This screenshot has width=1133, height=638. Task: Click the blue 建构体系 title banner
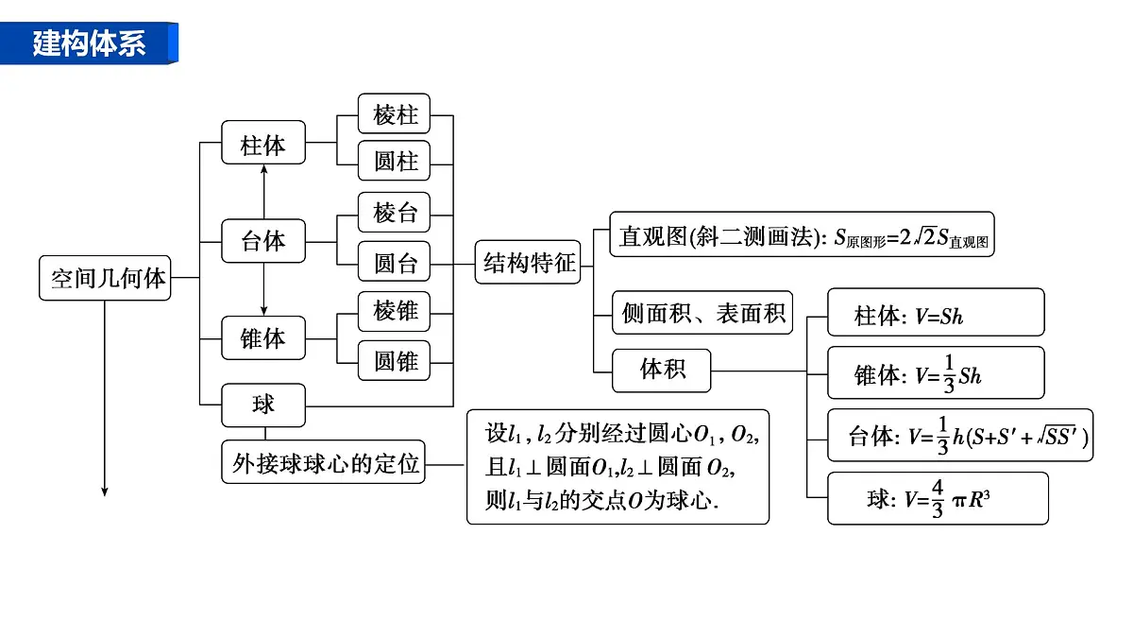point(89,43)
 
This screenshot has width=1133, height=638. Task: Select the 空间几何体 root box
point(105,278)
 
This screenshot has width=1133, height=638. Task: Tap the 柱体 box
point(263,143)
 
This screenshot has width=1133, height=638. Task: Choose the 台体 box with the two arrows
point(263,241)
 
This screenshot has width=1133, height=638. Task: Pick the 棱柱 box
point(394,113)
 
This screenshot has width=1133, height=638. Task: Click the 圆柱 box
point(394,161)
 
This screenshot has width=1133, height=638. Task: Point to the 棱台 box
point(394,212)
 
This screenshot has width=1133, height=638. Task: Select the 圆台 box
point(394,261)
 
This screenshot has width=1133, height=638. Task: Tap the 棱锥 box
point(394,311)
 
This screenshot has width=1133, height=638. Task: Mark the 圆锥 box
point(394,360)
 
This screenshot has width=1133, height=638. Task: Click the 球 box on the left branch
point(263,405)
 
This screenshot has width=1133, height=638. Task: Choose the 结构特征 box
point(528,262)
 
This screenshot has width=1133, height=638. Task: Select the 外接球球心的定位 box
point(323,462)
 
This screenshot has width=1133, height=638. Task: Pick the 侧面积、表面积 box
point(702,313)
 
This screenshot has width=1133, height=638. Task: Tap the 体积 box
point(662,371)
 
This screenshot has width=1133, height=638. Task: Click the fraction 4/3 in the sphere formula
point(938,499)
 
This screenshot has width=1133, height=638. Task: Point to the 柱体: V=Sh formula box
point(937,312)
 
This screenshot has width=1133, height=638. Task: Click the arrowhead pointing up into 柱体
point(263,169)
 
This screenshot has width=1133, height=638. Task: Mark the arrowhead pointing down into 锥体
point(263,311)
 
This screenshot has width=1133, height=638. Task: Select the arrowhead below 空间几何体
point(105,491)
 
